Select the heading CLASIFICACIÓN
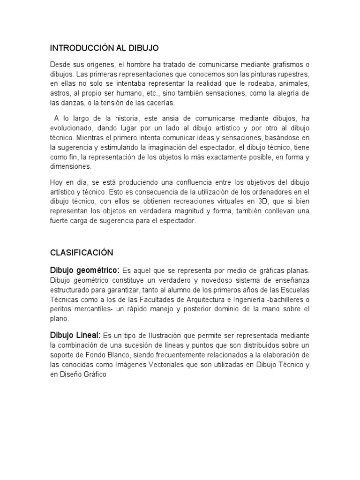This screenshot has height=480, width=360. coord(82,253)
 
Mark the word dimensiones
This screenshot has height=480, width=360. coord(71,166)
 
